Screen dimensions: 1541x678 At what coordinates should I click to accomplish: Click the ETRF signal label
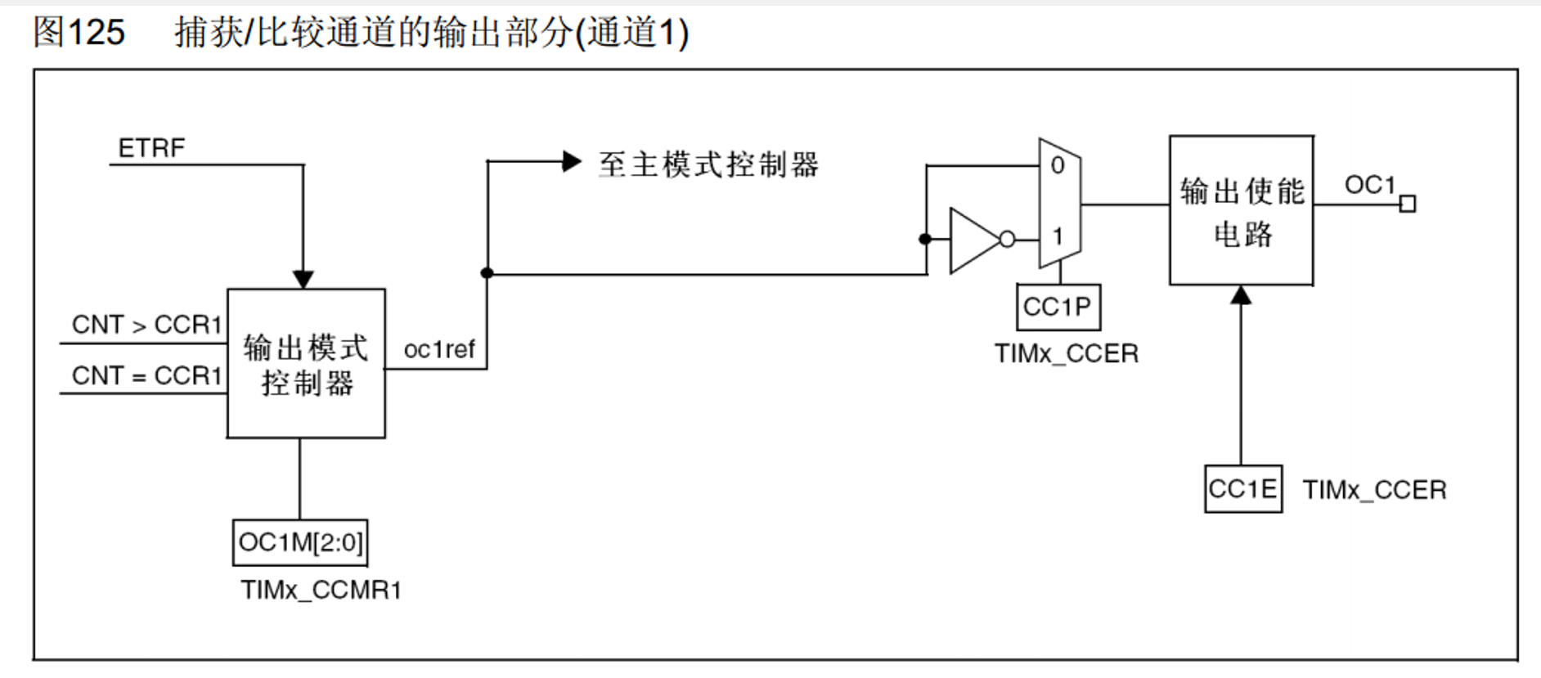click(151, 148)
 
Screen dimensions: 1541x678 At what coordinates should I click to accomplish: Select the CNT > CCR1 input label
click(147, 325)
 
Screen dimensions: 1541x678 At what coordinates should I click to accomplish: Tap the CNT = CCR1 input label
click(147, 375)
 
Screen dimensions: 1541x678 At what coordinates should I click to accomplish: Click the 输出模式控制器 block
click(306, 363)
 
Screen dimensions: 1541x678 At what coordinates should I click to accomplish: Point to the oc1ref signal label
click(439, 350)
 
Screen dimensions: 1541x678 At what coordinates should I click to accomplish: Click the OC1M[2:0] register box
click(300, 542)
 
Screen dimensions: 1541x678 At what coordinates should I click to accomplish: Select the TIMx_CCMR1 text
click(321, 590)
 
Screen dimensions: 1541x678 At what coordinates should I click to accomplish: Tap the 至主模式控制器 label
click(708, 164)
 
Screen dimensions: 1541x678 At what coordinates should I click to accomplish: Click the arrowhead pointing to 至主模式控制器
click(572, 161)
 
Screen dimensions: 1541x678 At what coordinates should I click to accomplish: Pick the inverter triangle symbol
click(975, 240)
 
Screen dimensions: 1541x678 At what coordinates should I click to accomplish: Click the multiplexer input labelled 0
click(1058, 165)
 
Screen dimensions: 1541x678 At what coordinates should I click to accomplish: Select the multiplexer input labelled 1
click(1058, 236)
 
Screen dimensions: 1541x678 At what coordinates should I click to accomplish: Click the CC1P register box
click(1058, 307)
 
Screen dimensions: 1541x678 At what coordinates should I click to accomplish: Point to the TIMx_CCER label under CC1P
click(1067, 353)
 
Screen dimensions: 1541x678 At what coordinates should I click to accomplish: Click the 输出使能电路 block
click(1242, 210)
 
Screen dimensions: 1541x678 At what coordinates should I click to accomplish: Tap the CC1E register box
click(1242, 489)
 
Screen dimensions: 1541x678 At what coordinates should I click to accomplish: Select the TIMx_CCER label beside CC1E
click(1374, 490)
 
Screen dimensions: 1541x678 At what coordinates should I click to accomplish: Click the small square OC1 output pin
click(1408, 204)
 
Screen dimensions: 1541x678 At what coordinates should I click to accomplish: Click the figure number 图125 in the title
click(79, 32)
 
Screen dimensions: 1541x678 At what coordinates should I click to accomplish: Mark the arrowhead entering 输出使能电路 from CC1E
click(1242, 294)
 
